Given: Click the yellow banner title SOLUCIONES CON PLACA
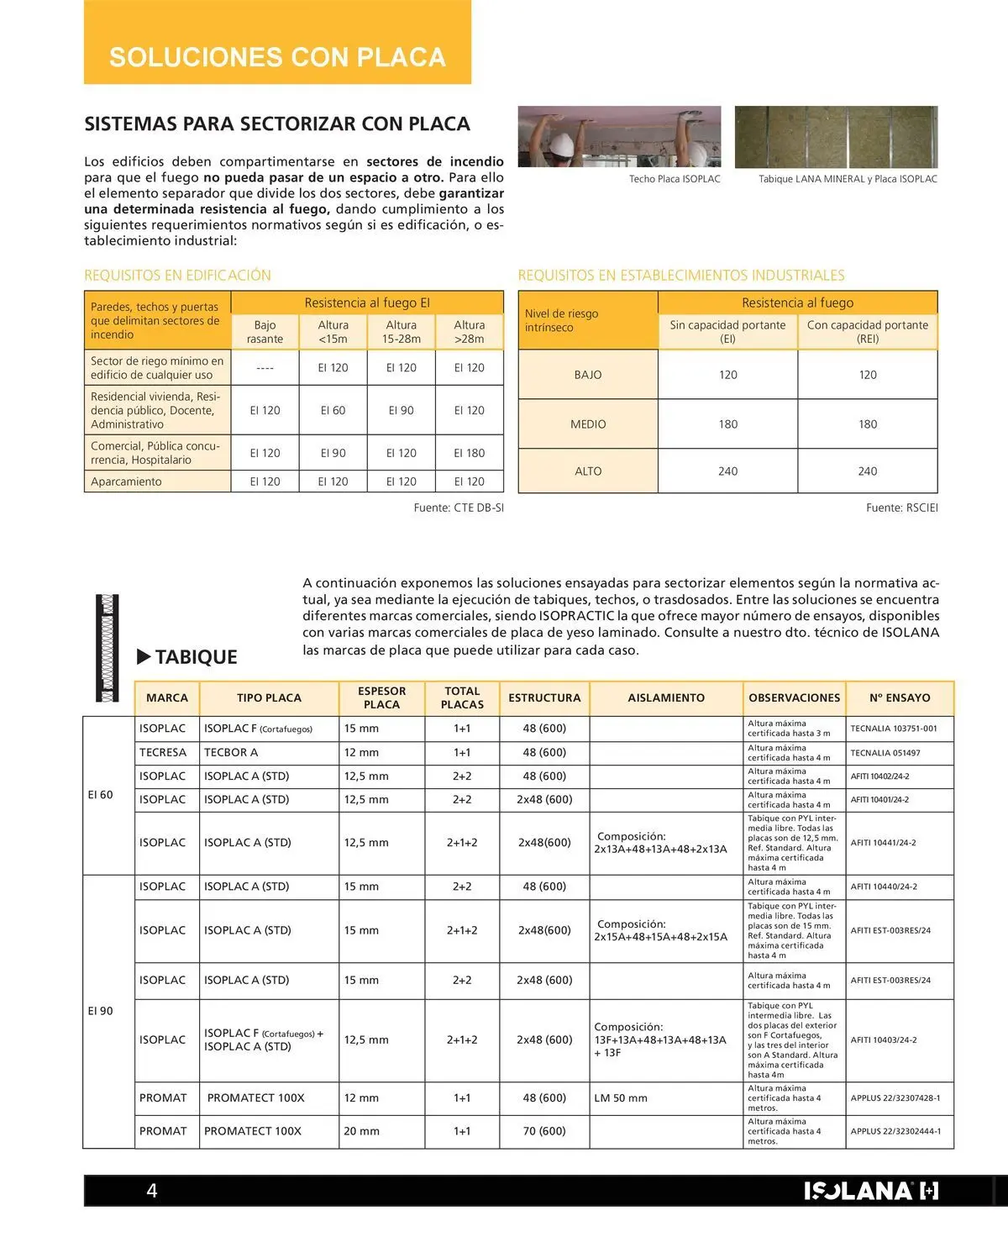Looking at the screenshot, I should [x=277, y=57].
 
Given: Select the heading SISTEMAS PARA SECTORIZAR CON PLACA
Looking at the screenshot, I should [x=277, y=124].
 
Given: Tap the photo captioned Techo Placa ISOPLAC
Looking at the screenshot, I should [x=619, y=136].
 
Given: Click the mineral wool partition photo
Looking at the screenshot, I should [x=836, y=136].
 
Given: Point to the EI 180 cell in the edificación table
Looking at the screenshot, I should [x=469, y=453].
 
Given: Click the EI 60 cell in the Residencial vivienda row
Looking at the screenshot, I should [x=333, y=410].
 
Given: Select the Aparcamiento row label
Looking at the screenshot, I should [x=126, y=482].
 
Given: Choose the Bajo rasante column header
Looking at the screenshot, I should [x=265, y=332].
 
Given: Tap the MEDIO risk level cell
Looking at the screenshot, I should [x=588, y=424].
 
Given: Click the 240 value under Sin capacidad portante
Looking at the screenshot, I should [x=727, y=471].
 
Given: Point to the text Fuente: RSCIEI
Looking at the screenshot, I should [x=901, y=508].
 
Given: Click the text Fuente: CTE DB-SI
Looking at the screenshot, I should [x=459, y=508].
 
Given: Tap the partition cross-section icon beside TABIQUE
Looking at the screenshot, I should [x=107, y=648].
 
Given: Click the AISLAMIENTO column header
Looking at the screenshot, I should [x=666, y=697].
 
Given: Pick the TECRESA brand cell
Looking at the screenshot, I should [x=163, y=753].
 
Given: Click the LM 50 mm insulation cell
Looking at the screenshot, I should [x=621, y=1097].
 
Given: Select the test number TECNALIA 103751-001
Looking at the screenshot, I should [x=894, y=729].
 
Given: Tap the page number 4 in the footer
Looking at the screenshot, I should [x=152, y=1190].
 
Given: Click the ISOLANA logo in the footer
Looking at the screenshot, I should [x=870, y=1191].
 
